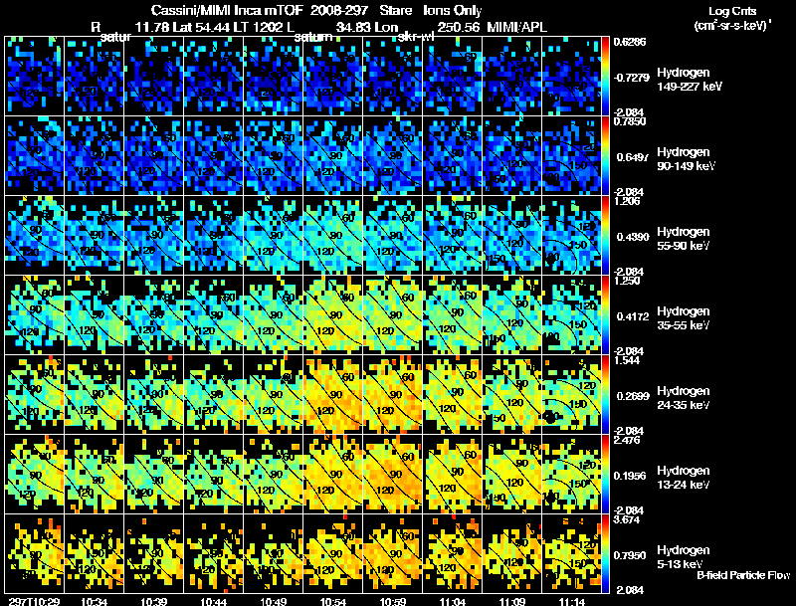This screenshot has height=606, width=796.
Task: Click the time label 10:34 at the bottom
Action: click(x=96, y=601)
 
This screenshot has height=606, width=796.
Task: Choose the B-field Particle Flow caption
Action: click(x=742, y=575)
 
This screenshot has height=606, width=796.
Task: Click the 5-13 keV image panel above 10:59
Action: click(x=394, y=553)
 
